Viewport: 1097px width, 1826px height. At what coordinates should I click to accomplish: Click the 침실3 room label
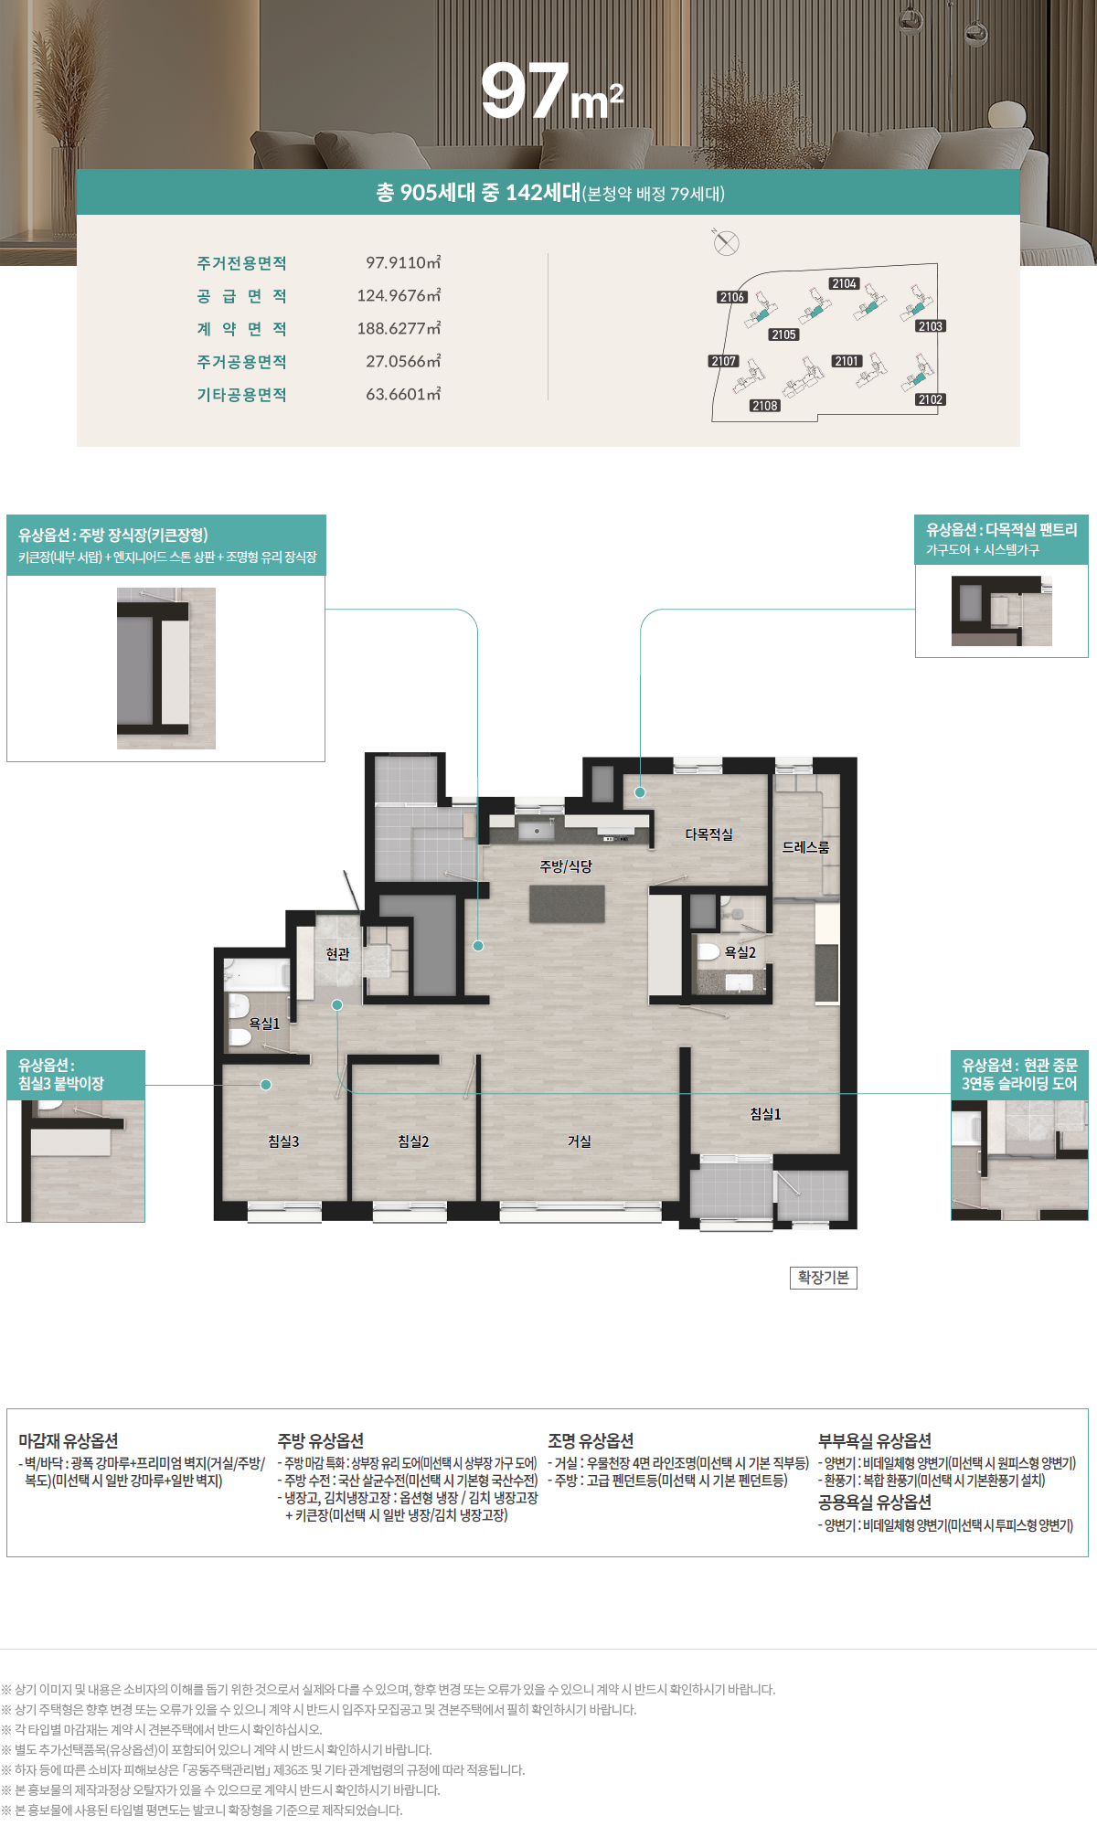pos(283,1141)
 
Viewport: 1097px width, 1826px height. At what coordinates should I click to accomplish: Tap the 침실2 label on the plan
pos(413,1141)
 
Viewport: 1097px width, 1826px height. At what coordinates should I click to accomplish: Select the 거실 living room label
pos(580,1141)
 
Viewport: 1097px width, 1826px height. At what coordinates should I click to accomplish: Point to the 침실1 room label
pos(766,1114)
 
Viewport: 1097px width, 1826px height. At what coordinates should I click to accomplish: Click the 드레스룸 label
pos(805,847)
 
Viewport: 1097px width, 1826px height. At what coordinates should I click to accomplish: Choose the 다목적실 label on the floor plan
pos(709,834)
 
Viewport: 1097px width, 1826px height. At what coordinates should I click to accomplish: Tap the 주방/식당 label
pos(566,866)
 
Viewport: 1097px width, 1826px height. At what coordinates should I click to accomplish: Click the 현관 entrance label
pos(338,954)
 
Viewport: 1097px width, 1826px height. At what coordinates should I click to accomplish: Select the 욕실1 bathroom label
pos(265,1024)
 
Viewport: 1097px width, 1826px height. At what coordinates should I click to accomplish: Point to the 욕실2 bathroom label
pos(740,952)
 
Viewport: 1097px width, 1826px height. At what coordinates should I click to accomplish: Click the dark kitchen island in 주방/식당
pos(567,903)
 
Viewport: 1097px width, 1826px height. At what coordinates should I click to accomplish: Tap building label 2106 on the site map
pos(732,297)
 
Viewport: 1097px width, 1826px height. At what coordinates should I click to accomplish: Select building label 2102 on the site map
pos(931,399)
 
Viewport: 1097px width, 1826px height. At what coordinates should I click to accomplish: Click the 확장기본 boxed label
pos(824,1277)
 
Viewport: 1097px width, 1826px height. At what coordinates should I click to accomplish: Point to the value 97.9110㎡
pos(403,262)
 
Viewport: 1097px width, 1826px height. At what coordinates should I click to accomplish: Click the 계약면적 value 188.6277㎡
pos(399,328)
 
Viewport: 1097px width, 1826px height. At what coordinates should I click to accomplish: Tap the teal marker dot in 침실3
pos(266,1085)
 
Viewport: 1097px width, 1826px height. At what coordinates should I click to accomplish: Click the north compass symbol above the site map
pos(726,243)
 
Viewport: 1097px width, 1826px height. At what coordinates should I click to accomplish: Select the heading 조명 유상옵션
pos(591,1440)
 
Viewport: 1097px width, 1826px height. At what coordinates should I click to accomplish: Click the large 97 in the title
pos(526,91)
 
